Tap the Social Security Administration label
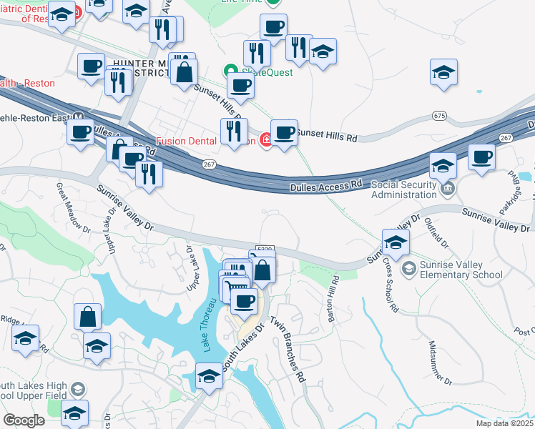403,189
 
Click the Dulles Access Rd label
325,186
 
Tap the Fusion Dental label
188,140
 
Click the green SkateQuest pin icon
230,71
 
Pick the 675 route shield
440,115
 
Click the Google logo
24,420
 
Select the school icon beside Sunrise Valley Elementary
409,268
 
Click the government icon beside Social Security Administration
448,189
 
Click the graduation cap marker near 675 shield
443,73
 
